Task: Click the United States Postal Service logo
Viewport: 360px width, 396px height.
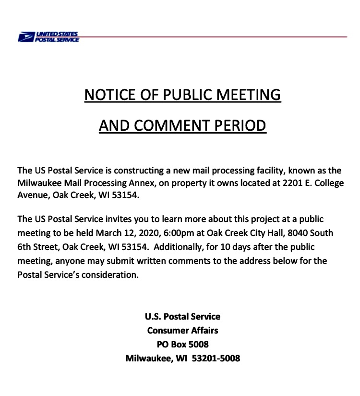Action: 48,37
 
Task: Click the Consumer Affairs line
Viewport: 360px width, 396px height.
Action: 182,331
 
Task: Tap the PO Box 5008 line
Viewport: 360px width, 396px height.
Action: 182,345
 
